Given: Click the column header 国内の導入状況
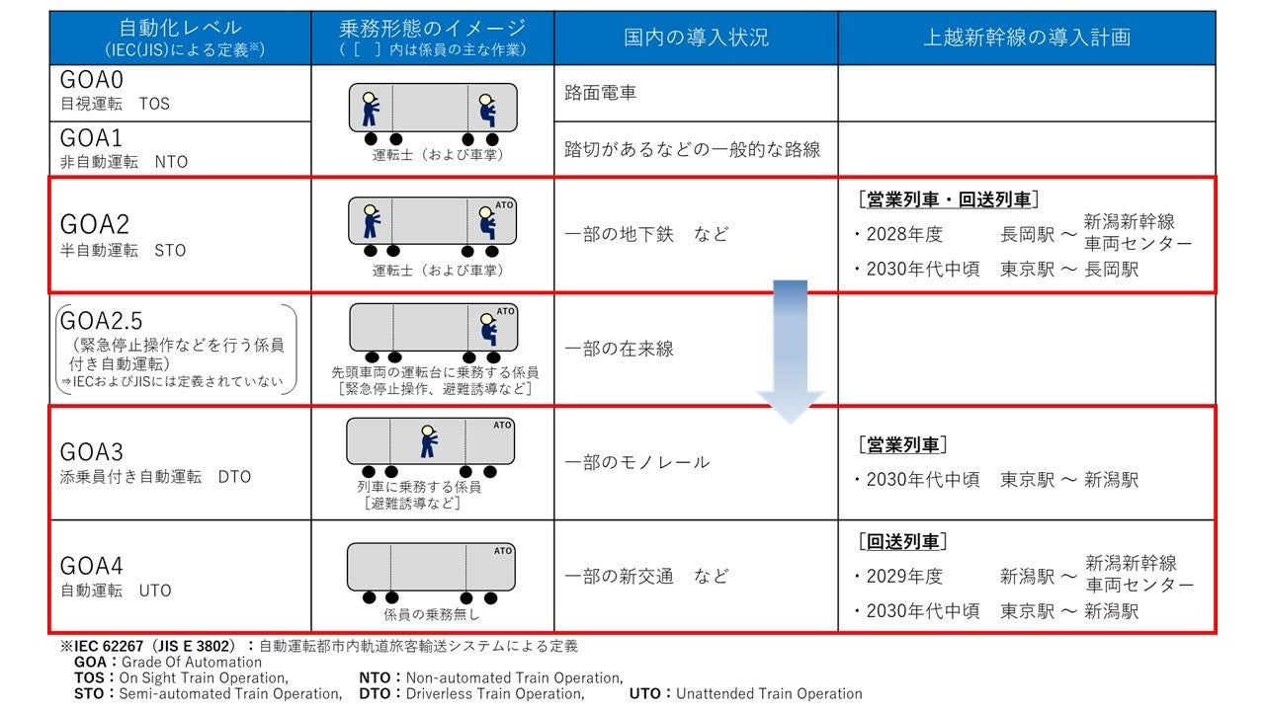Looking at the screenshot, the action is tap(696, 38).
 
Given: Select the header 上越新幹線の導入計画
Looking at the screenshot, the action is tap(1027, 38).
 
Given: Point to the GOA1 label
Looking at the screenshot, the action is tap(91, 137).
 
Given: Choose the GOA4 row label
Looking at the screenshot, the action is tap(92, 566).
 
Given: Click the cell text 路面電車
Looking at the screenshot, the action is tap(601, 93).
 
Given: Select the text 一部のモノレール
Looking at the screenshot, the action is tap(637, 462).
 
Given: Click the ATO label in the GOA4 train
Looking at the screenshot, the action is tap(503, 551).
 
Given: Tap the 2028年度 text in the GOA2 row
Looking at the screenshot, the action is tap(904, 235).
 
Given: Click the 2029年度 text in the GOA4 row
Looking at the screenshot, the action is tap(904, 576).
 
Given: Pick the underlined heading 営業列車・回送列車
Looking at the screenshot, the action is tap(948, 200).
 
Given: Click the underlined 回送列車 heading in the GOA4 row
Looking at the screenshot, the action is tap(902, 541).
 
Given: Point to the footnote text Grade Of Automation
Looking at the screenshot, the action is tap(192, 663).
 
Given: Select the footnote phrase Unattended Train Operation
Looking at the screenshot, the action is tap(769, 693).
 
